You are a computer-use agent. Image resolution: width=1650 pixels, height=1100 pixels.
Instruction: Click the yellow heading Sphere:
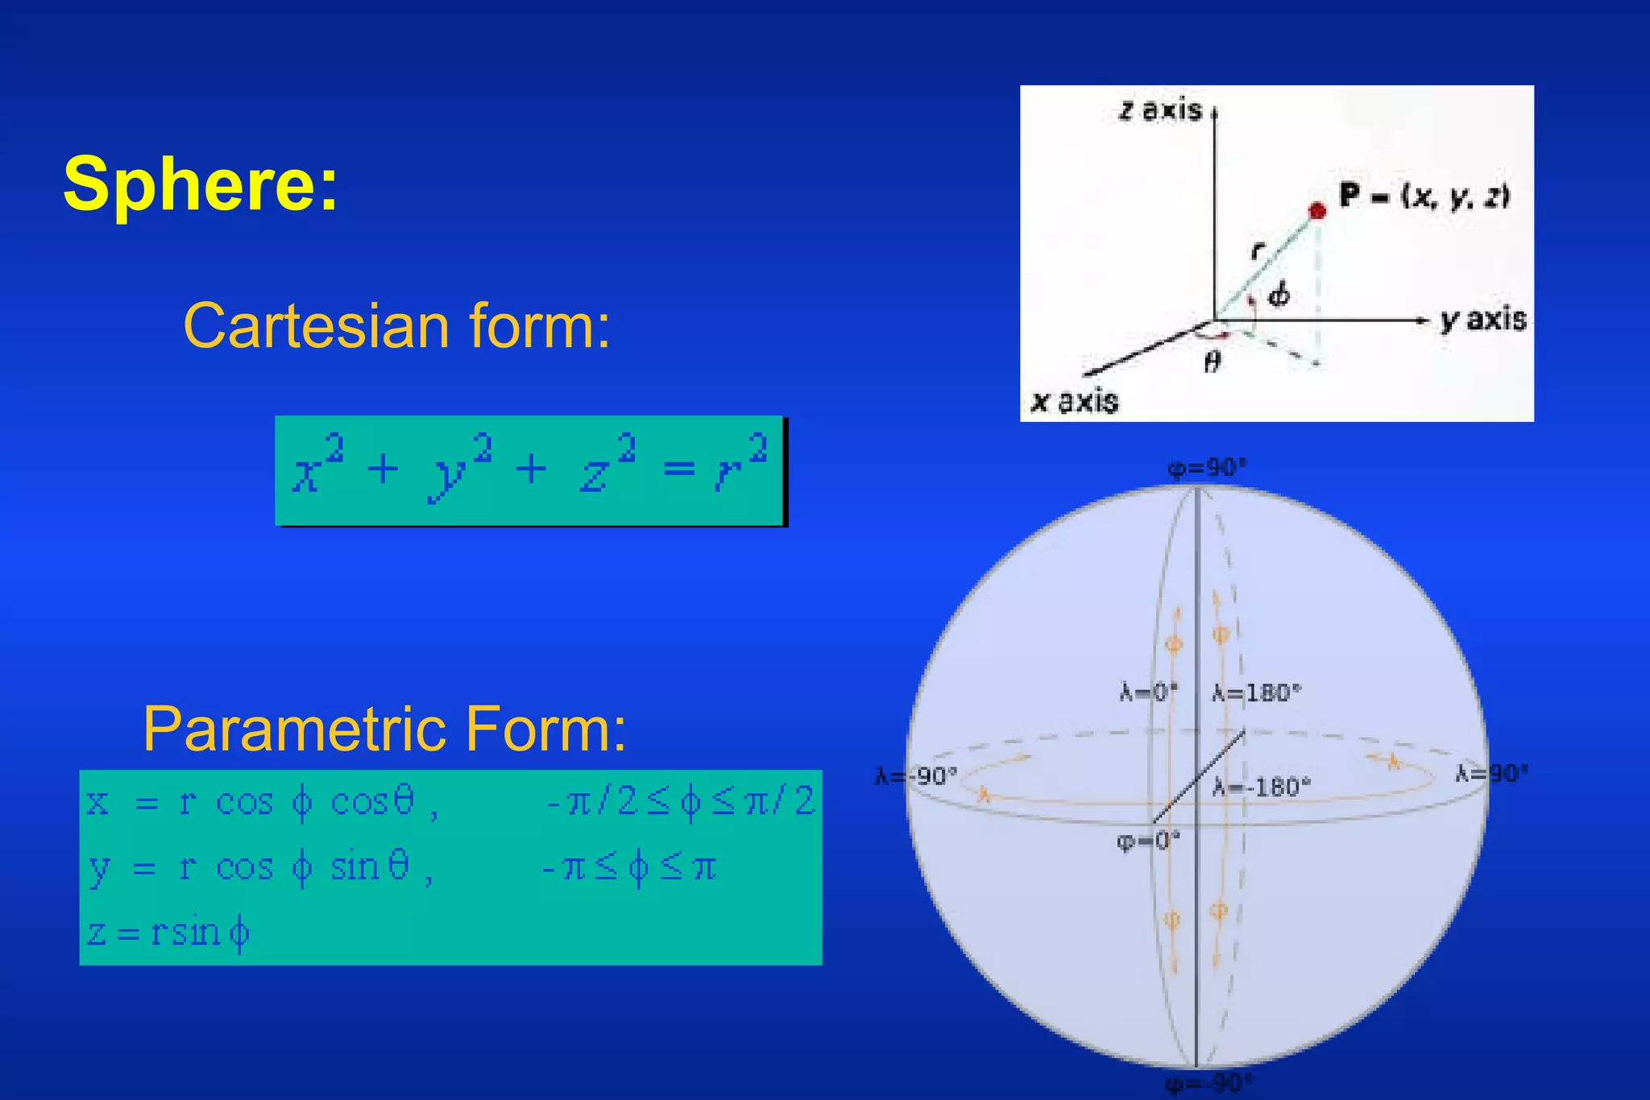(201, 184)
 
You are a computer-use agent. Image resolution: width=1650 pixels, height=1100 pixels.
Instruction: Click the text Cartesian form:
(397, 326)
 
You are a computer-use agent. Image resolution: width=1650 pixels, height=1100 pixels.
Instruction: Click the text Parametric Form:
(384, 729)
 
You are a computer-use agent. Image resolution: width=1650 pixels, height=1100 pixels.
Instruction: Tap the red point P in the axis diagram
(1317, 211)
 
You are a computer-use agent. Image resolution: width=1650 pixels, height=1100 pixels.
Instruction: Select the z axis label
(1160, 110)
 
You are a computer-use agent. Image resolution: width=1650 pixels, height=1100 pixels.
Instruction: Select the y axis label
(1483, 320)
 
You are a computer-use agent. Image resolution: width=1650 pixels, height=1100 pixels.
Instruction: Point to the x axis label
(1075, 401)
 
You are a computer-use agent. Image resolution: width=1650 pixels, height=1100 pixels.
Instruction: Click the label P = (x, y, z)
(1424, 196)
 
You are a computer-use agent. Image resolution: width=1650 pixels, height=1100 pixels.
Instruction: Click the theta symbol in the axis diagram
(1212, 363)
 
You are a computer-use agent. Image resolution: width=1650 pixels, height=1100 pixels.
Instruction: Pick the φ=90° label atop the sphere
(1207, 468)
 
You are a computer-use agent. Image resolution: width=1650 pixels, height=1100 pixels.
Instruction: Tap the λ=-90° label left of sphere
(916, 776)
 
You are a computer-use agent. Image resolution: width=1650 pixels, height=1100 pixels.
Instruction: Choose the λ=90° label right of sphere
(1491, 774)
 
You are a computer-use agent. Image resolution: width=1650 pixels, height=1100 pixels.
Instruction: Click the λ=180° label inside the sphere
(1257, 693)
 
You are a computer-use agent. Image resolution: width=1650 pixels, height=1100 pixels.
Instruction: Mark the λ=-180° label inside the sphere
(1262, 787)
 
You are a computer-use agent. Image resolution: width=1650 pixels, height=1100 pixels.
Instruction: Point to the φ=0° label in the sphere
(1148, 842)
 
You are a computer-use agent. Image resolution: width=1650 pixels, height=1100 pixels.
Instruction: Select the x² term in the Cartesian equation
(317, 467)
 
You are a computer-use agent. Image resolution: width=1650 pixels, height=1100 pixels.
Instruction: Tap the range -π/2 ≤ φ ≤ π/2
(681, 802)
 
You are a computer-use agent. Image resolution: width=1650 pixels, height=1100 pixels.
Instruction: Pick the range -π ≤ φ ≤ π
(629, 868)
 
